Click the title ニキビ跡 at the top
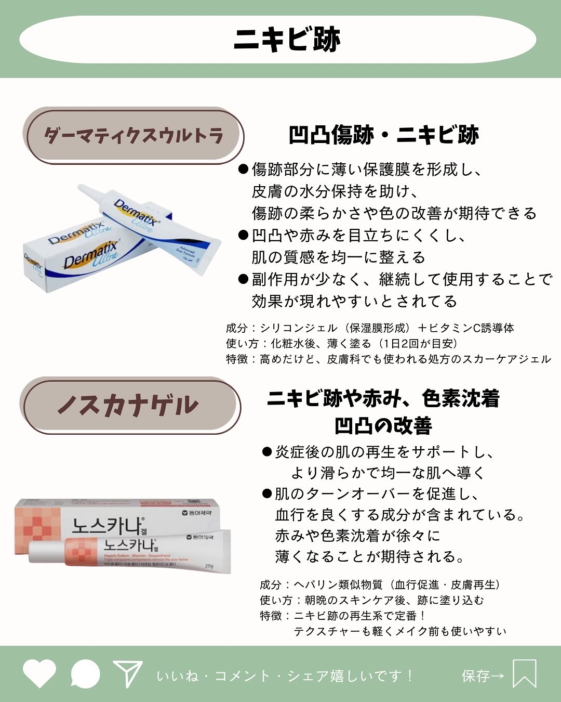(x=287, y=40)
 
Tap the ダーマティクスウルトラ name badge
(x=133, y=136)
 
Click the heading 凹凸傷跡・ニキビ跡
(x=383, y=135)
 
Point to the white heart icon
(x=39, y=673)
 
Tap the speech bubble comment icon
(x=85, y=674)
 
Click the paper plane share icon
(x=127, y=674)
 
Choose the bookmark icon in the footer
(x=524, y=674)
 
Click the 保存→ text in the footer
(x=483, y=675)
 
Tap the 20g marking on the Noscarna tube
(x=209, y=566)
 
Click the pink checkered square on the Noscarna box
(x=37, y=526)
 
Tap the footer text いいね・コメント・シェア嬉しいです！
(x=285, y=675)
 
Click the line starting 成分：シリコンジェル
(x=370, y=328)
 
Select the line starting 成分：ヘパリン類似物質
(x=380, y=585)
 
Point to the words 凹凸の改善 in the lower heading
(x=383, y=426)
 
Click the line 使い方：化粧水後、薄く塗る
(x=342, y=344)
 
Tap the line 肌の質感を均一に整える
(x=338, y=257)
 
